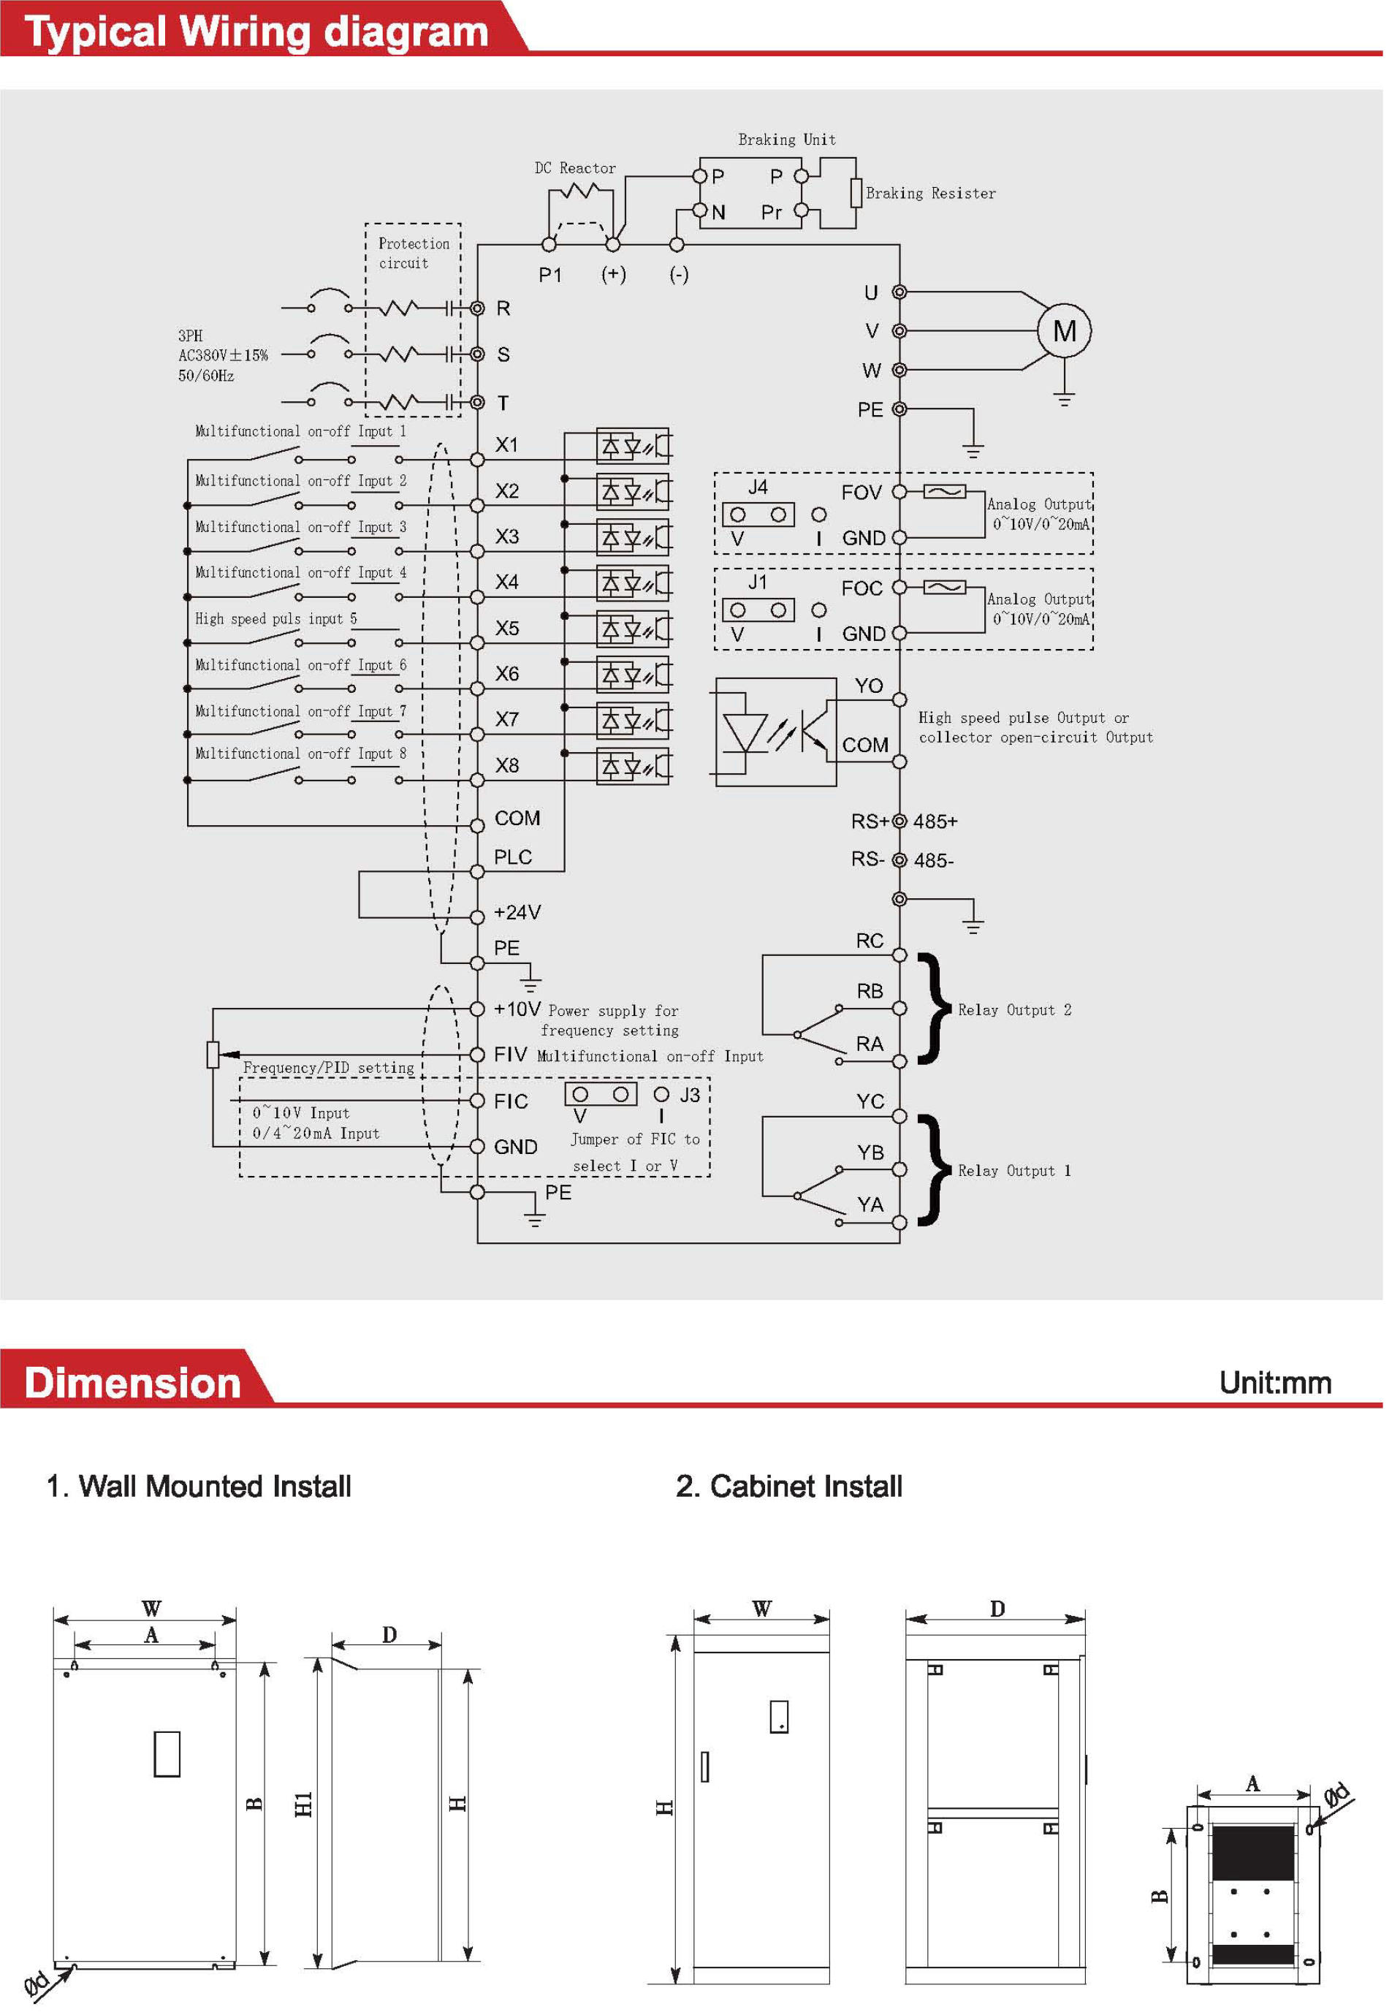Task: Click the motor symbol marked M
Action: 1070,333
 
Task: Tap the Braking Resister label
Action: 936,194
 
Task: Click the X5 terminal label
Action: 510,631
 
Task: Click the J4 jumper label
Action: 762,490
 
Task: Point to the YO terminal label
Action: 874,689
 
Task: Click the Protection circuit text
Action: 416,255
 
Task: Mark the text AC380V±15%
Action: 224,357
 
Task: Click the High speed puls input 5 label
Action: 278,622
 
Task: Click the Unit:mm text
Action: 1283,1390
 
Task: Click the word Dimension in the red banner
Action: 134,1392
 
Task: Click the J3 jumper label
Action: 694,1101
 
